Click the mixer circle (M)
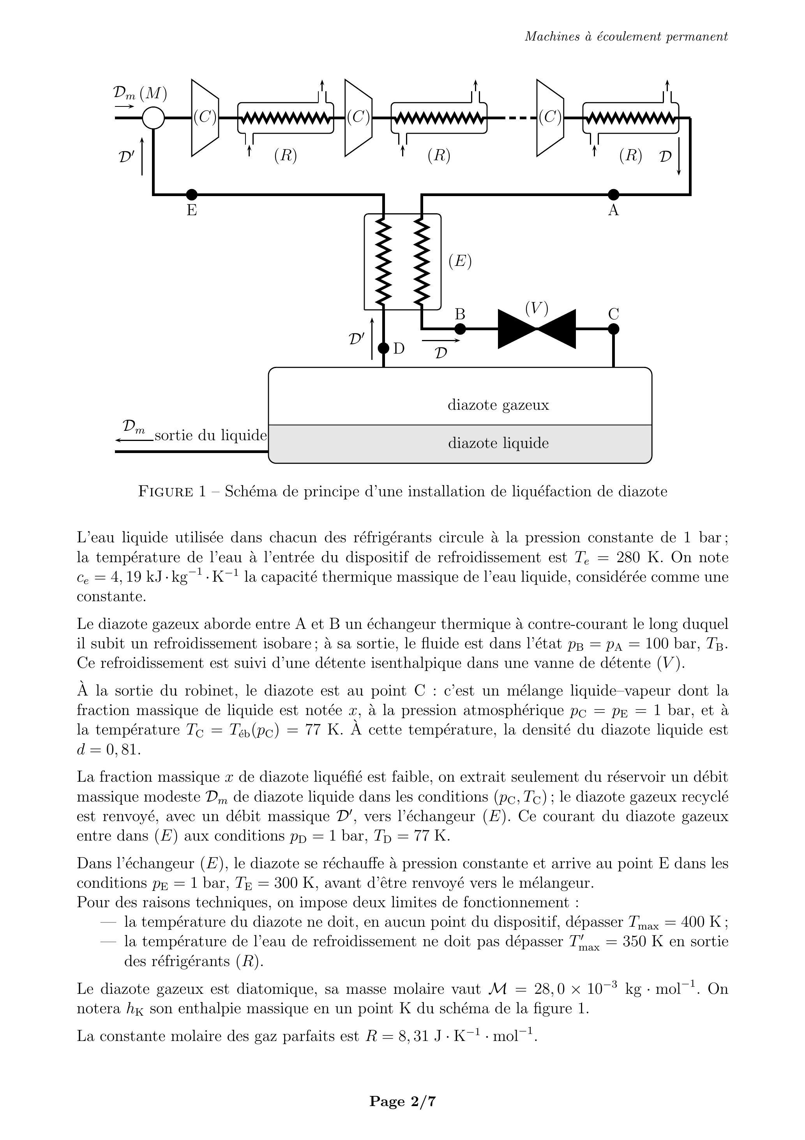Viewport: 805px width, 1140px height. coord(154,118)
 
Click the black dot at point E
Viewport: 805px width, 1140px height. coord(192,195)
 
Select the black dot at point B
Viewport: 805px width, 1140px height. coord(460,329)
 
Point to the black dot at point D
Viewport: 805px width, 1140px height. coord(384,348)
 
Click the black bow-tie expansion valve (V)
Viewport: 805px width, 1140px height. coord(537,329)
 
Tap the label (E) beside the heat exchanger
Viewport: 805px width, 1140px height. coord(459,261)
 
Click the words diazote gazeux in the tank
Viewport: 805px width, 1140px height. coord(498,405)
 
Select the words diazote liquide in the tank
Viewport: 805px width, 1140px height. coord(498,443)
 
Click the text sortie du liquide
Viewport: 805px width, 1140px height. coord(210,435)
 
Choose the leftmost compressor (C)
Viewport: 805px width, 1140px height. coord(205,118)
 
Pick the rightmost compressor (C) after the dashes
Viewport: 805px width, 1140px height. coord(550,118)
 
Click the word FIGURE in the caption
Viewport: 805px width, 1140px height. coord(165,492)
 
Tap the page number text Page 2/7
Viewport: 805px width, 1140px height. coord(402,1101)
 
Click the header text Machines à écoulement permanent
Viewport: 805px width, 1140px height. coord(626,36)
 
